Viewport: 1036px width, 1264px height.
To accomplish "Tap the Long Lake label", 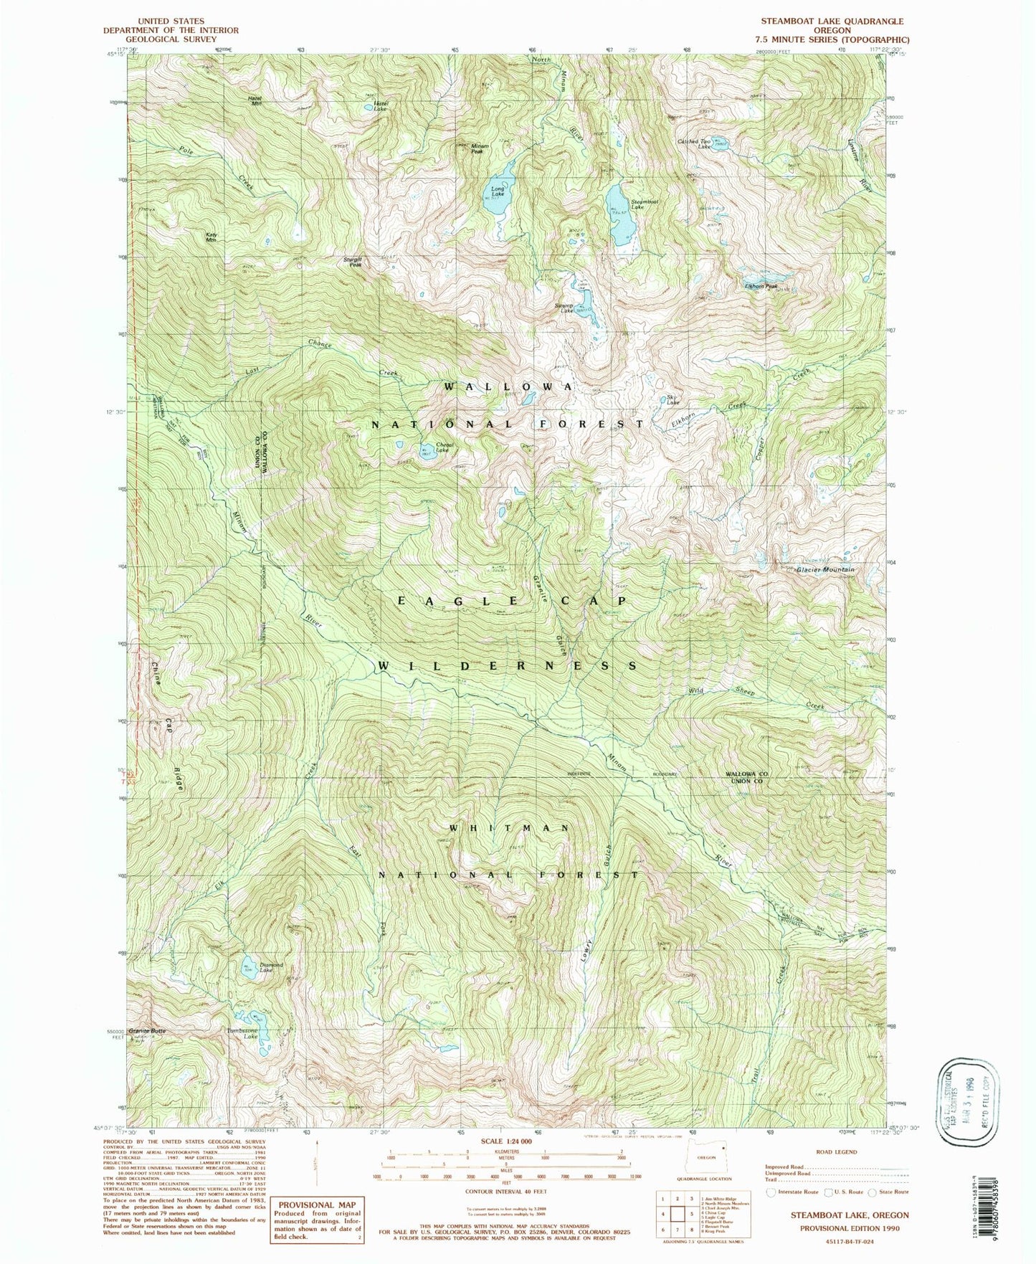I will pos(498,191).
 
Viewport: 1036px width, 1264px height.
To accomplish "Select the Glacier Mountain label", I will pos(825,569).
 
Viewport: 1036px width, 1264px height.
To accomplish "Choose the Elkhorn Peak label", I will pos(761,286).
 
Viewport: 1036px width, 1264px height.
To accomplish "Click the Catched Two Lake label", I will pos(695,143).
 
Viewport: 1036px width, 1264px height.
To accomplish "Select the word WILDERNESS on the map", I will pos(507,666).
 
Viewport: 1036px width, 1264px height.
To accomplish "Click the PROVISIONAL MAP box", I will pos(318,1219).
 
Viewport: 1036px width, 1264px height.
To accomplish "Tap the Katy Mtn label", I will pos(212,237).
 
